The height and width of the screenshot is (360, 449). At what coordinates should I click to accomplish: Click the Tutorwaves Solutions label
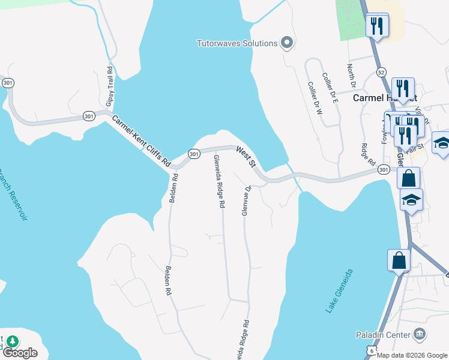click(237, 43)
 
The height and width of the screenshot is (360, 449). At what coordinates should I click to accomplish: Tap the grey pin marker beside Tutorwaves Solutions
click(287, 43)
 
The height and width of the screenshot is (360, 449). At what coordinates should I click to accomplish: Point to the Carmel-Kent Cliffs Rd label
click(141, 141)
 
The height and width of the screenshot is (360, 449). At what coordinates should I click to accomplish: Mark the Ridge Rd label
click(368, 155)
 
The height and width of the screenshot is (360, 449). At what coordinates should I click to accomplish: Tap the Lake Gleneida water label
click(339, 291)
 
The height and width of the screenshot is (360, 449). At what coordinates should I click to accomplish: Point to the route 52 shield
click(382, 72)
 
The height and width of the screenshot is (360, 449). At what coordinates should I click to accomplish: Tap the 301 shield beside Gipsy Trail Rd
click(88, 116)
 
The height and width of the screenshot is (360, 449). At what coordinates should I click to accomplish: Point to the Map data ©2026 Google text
click(412, 355)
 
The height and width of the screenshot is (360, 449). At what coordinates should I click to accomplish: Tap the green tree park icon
click(12, 341)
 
